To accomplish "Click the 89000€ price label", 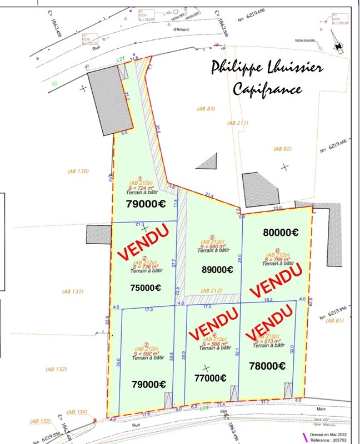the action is pos(216,270).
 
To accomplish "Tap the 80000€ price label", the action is pos(281,233).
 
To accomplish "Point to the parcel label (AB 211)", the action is pos(239,122).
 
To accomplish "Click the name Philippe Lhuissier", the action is pos(267,67).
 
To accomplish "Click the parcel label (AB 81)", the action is pos(336,321).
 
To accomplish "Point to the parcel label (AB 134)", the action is pos(77,412).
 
